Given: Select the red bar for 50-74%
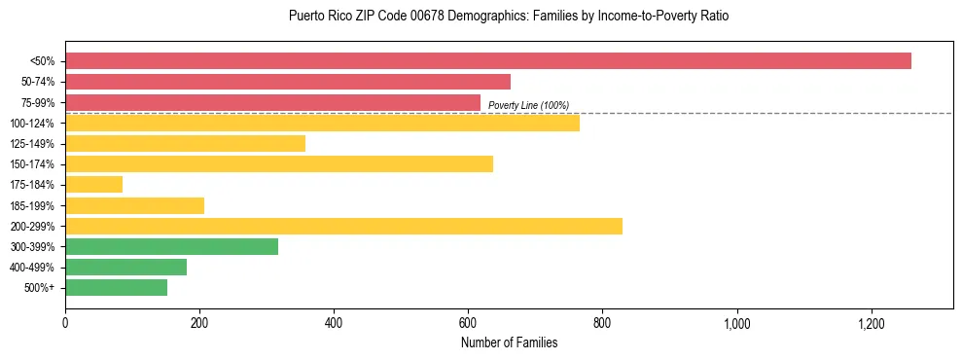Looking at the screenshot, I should tap(288, 82).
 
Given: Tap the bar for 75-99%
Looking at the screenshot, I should tap(272, 102).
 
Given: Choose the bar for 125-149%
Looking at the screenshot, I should tap(185, 144).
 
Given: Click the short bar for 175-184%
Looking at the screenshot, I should tap(93, 185).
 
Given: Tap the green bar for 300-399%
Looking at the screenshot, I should tap(171, 246).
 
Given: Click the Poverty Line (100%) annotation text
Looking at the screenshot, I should tap(528, 105).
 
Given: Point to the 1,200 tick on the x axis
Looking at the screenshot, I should tap(871, 323).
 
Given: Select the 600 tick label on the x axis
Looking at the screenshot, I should tap(468, 323).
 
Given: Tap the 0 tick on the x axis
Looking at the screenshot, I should tap(65, 323).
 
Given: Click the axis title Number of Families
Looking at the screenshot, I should tap(509, 342).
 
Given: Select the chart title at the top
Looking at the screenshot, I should tap(509, 17).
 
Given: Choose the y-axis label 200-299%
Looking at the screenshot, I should tap(32, 226).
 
